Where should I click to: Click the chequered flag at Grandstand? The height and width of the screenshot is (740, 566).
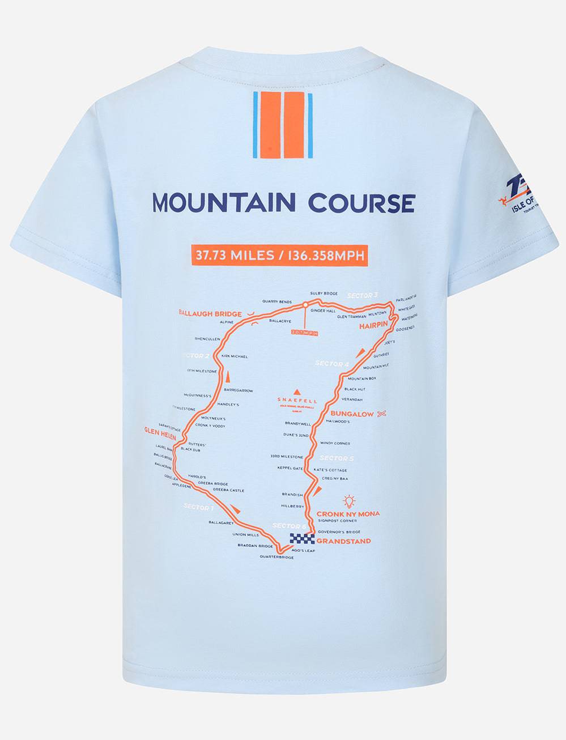click(x=301, y=539)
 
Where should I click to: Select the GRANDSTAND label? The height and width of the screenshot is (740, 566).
click(x=344, y=541)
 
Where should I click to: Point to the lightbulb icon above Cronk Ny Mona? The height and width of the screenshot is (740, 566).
click(x=349, y=501)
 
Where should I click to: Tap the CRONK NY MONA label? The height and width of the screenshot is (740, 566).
click(x=348, y=514)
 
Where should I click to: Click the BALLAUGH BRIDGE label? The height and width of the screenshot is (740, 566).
click(x=210, y=313)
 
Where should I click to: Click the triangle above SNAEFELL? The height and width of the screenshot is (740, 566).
click(x=297, y=391)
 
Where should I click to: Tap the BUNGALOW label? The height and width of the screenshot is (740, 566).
click(x=352, y=414)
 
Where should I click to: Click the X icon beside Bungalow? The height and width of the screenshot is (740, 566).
click(x=382, y=414)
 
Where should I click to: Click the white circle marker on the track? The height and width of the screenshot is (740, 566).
click(x=305, y=305)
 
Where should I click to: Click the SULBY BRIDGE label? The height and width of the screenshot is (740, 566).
click(x=324, y=294)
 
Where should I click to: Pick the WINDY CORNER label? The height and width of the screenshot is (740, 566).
click(x=335, y=443)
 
